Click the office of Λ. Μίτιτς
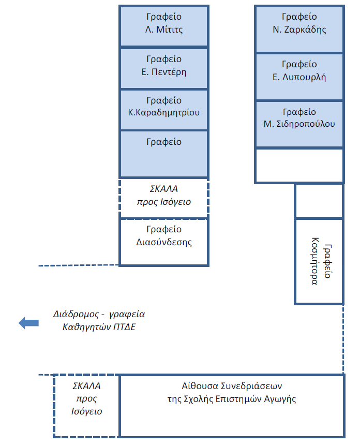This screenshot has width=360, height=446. pos(164,26)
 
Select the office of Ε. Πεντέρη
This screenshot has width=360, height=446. pos(164,68)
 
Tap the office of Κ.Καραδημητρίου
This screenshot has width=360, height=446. pos(164,109)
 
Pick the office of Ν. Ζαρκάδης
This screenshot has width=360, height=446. pos(299,29)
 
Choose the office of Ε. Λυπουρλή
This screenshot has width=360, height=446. pos(299,77)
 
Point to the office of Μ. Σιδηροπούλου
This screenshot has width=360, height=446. pos(299,124)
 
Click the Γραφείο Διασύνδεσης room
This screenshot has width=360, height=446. pos(164,242)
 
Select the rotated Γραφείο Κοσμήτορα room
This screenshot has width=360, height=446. pos(319,261)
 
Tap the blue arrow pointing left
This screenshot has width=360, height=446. pos(28,323)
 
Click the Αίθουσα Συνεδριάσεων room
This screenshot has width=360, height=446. pos(232,406)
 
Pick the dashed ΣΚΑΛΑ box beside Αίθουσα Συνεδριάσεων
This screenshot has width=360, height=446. pos(86,406)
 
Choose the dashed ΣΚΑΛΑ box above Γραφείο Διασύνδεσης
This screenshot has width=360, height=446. pos(164,198)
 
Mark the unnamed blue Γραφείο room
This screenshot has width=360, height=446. pos(164,154)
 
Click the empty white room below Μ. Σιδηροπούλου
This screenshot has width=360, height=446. pos(299,166)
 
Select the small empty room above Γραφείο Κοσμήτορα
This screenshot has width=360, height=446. pos(319,201)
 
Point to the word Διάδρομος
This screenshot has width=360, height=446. pos(76,314)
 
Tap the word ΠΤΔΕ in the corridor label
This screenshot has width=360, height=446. pos(130,326)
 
